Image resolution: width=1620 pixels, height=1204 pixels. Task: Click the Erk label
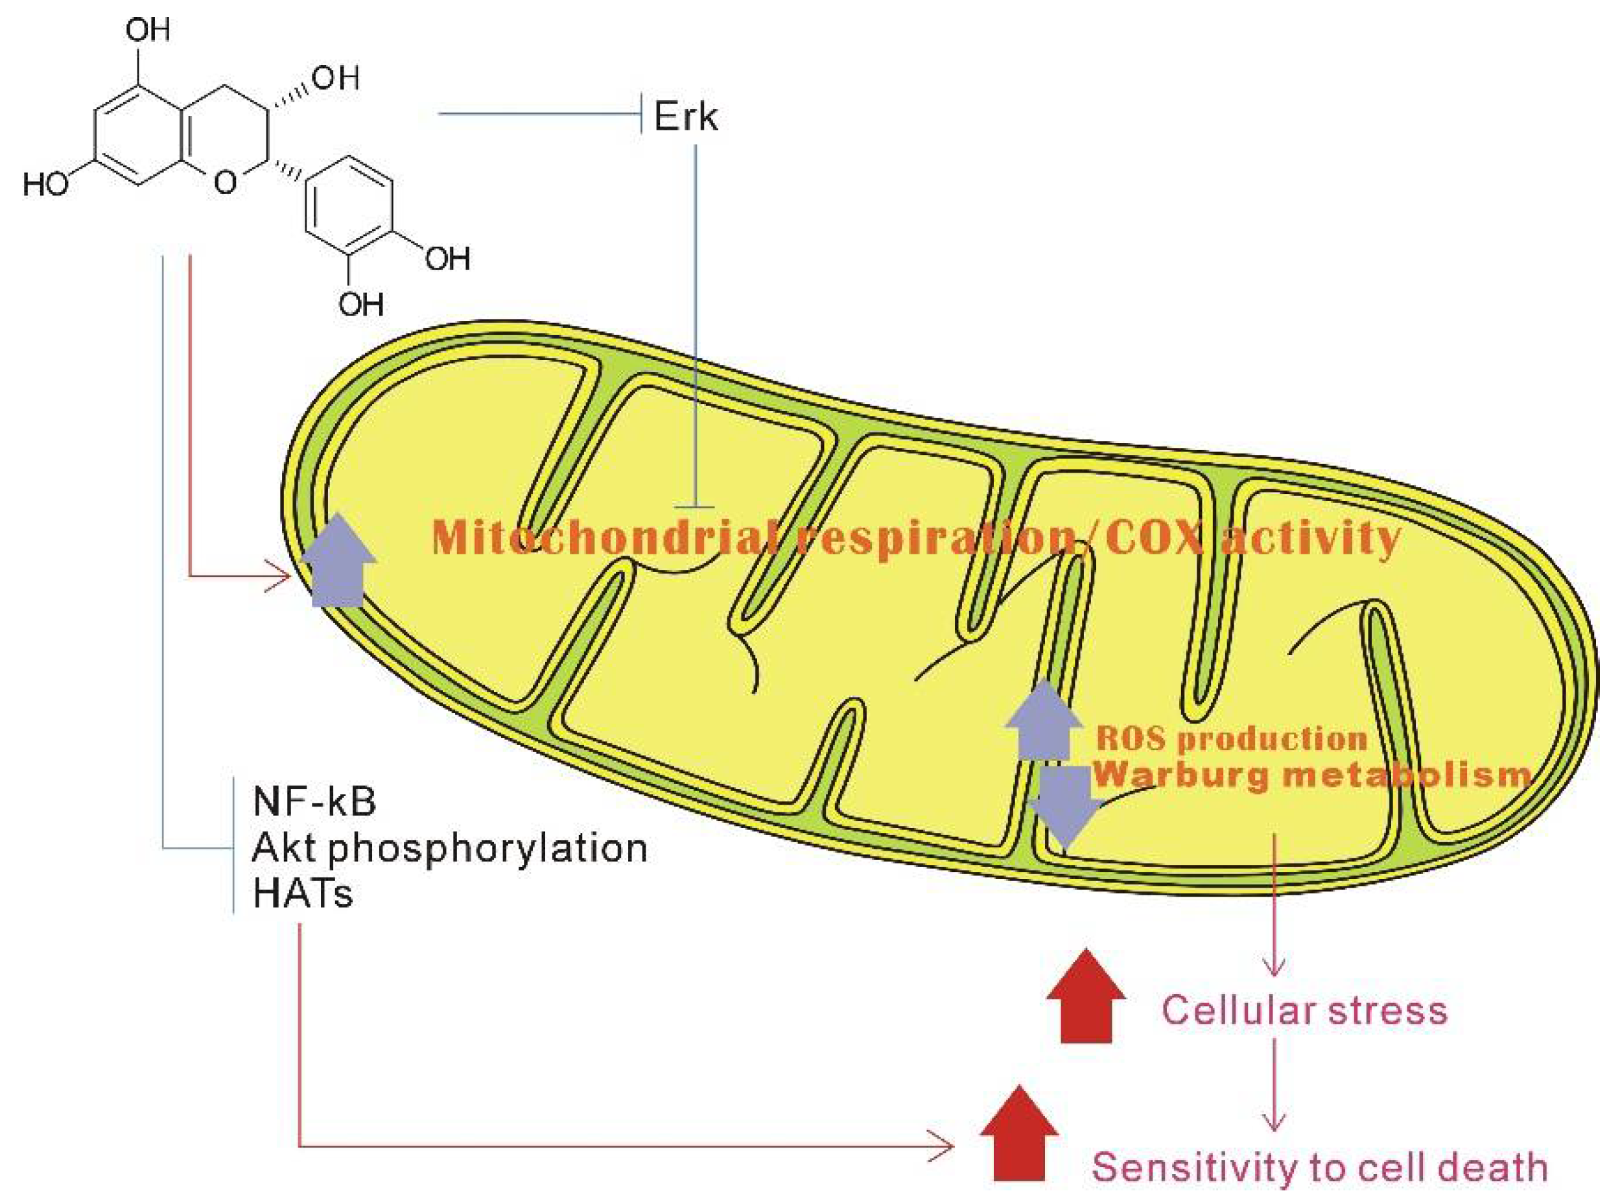(x=686, y=117)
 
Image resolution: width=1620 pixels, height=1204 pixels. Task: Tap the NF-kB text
(x=314, y=802)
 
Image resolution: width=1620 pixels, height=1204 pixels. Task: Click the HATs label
(x=303, y=894)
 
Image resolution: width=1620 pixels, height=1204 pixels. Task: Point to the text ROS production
(x=1232, y=739)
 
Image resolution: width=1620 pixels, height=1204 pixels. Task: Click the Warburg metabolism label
(x=1311, y=774)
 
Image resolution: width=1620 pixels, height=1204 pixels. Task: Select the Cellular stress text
(x=1304, y=1011)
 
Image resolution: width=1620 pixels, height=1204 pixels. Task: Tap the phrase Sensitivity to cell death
(x=1320, y=1168)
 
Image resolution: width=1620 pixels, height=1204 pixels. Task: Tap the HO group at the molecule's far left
(x=45, y=184)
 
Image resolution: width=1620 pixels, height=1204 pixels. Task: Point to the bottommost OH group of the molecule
(x=360, y=303)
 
